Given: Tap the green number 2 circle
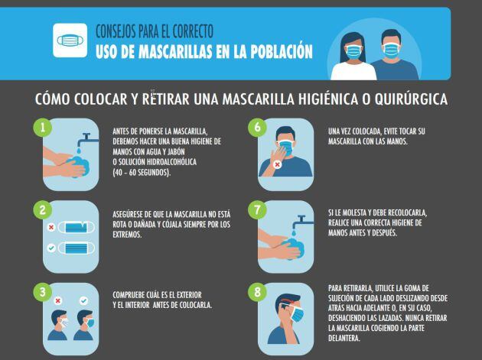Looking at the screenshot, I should click(44, 208).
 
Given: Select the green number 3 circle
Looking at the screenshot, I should click(44, 290).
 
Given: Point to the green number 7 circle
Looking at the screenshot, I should click(256, 208).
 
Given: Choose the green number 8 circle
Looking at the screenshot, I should click(256, 290).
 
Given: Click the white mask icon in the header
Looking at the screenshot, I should click(70, 41).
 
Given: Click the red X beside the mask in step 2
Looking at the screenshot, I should click(50, 228).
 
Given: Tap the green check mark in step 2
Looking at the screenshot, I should click(50, 248).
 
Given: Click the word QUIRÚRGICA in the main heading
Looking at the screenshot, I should click(409, 100).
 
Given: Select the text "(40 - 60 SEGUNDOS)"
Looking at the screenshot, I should click(142, 172).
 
